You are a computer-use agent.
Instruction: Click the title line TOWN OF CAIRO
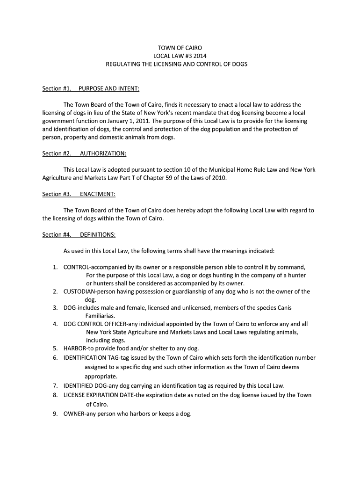point(180,48)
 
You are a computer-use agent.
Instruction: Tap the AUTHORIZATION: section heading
point(103,153)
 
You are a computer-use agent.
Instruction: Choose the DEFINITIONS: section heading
point(98,235)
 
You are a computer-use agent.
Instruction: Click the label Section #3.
point(57,194)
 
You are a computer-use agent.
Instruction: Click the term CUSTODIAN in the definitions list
point(79,291)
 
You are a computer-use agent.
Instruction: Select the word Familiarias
point(100,316)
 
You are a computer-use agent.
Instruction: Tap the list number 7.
point(55,386)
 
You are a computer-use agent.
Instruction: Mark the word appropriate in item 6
point(101,376)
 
